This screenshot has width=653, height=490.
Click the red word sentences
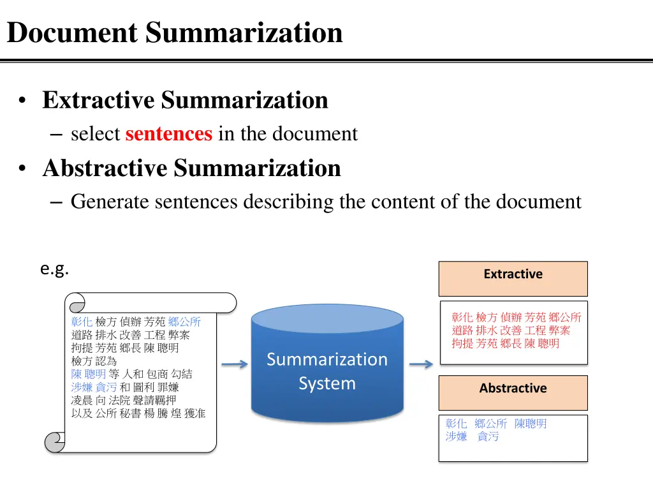click(168, 134)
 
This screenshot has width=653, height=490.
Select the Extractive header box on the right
click(513, 278)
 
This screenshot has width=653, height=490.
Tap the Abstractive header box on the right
click(513, 392)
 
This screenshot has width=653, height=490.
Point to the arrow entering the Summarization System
click(234, 365)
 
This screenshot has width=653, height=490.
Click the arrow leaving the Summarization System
click(420, 365)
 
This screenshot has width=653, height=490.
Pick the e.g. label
click(54, 269)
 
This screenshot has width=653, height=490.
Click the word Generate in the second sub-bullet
click(110, 202)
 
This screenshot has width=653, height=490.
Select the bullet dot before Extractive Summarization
click(24, 101)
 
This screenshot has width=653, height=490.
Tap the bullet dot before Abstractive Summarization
click(24, 169)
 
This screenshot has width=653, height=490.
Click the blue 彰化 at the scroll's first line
click(82, 322)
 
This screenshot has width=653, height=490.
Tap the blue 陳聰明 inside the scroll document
click(88, 374)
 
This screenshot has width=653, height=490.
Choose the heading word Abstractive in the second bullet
click(105, 168)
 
